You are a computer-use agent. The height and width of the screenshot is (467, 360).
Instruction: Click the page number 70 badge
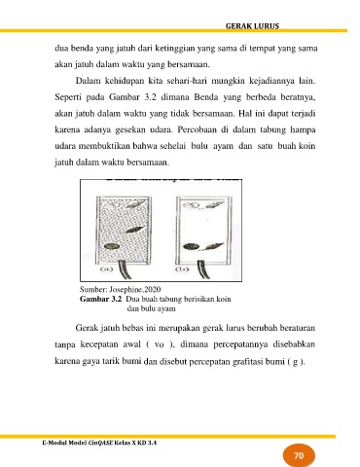point(299,455)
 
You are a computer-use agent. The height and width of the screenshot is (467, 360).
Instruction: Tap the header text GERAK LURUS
point(252,26)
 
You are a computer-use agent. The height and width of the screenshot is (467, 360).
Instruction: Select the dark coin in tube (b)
point(191,247)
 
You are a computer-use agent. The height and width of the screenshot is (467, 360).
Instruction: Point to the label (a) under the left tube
point(106,269)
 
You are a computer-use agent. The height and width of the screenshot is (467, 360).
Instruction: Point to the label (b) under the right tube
point(182,269)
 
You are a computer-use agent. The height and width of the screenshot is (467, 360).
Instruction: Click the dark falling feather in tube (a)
point(134,230)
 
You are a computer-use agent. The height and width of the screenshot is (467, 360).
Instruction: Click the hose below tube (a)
point(125,269)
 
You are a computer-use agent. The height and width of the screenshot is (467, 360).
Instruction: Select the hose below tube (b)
point(203,269)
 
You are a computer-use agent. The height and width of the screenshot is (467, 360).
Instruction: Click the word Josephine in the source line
point(126,289)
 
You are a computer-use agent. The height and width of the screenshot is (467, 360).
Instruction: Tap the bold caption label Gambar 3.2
point(100,299)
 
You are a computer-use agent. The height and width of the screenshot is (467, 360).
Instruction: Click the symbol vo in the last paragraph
point(159,345)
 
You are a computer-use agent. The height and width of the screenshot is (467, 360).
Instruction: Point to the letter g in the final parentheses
point(295,362)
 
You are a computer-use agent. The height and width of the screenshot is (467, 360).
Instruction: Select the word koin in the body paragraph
point(306,146)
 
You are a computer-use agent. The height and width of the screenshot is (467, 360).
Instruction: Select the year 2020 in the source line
point(154,289)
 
